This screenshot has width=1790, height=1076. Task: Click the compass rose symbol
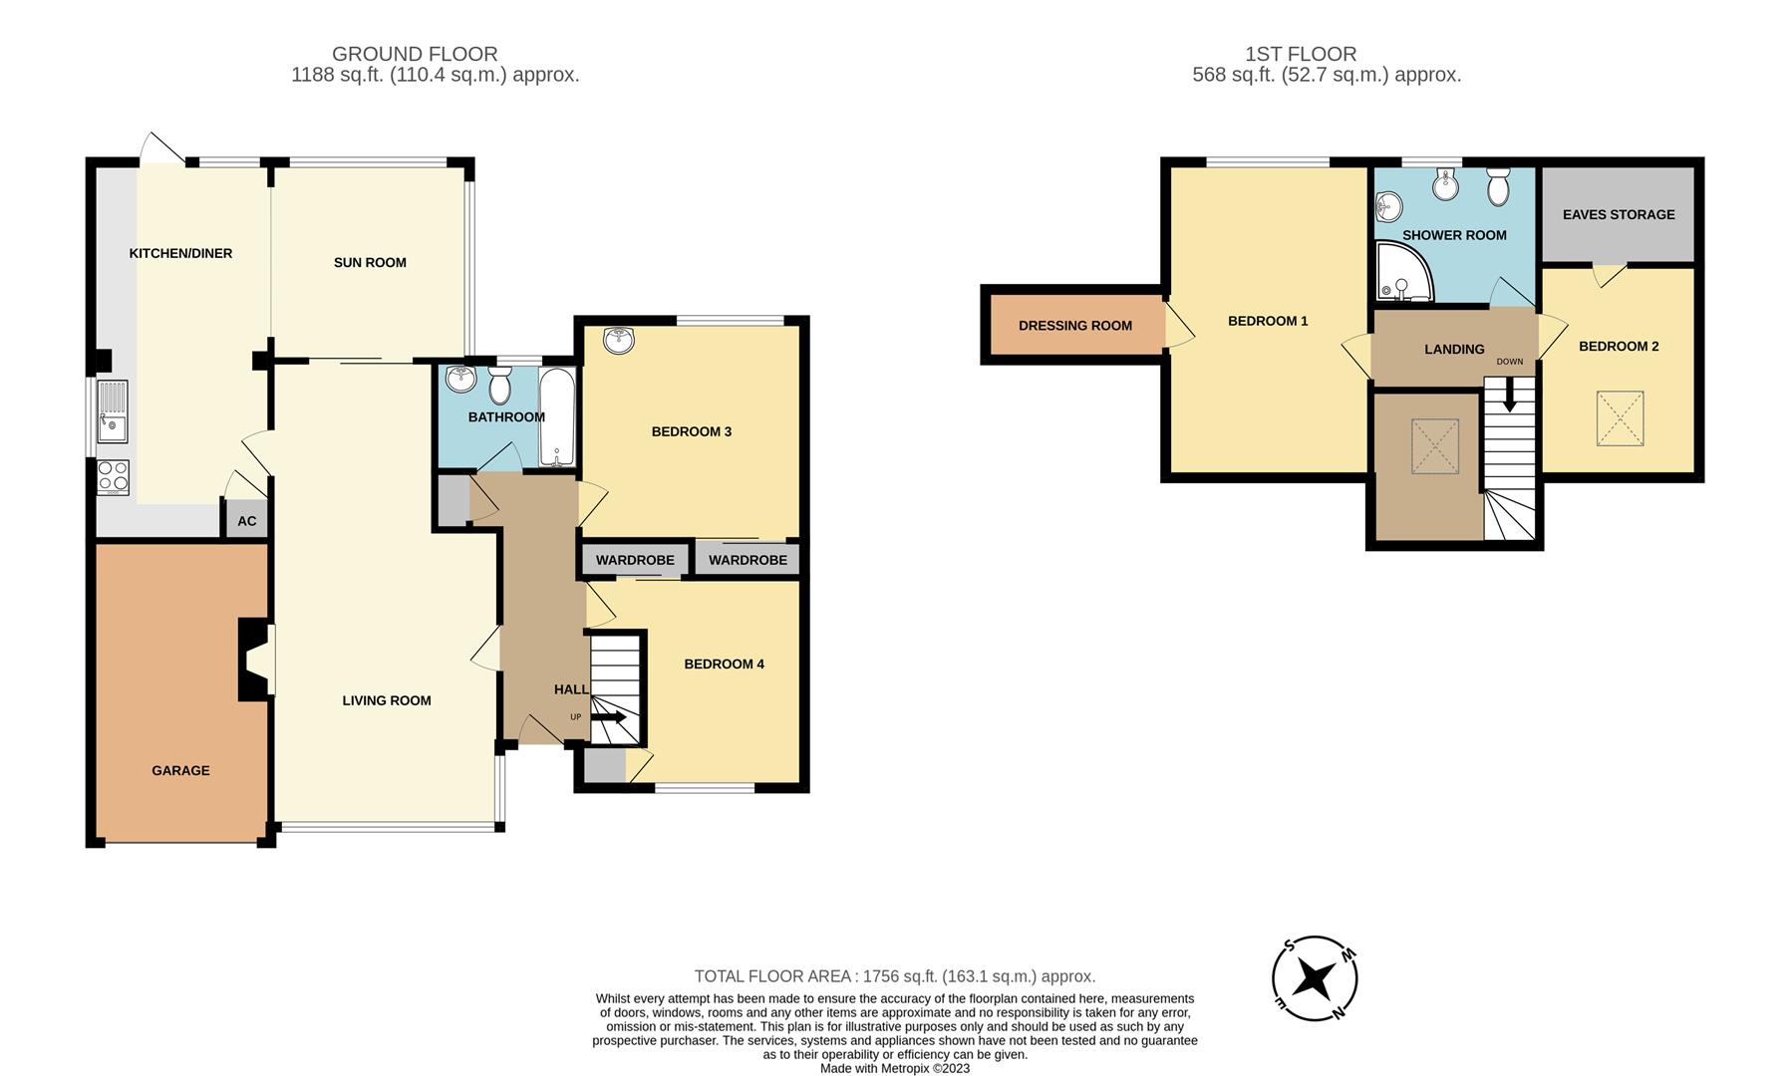1315,979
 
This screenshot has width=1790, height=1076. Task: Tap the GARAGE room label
180,770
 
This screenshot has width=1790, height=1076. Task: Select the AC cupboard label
247,521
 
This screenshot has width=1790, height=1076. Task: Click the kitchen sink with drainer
112,411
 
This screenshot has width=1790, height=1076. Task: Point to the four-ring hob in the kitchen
113,477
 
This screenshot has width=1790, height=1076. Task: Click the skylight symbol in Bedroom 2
1620,418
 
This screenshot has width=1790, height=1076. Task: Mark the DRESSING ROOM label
1074,326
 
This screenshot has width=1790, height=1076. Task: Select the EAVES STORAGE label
1619,214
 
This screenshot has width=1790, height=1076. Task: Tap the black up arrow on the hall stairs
609,717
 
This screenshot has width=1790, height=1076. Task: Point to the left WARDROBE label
635,560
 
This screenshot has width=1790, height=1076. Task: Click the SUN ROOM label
370,263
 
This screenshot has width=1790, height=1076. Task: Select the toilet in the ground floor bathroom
500,385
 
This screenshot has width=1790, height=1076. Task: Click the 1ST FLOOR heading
1301,54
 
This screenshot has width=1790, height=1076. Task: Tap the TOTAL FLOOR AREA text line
895,976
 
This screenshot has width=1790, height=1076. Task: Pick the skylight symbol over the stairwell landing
1435,446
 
